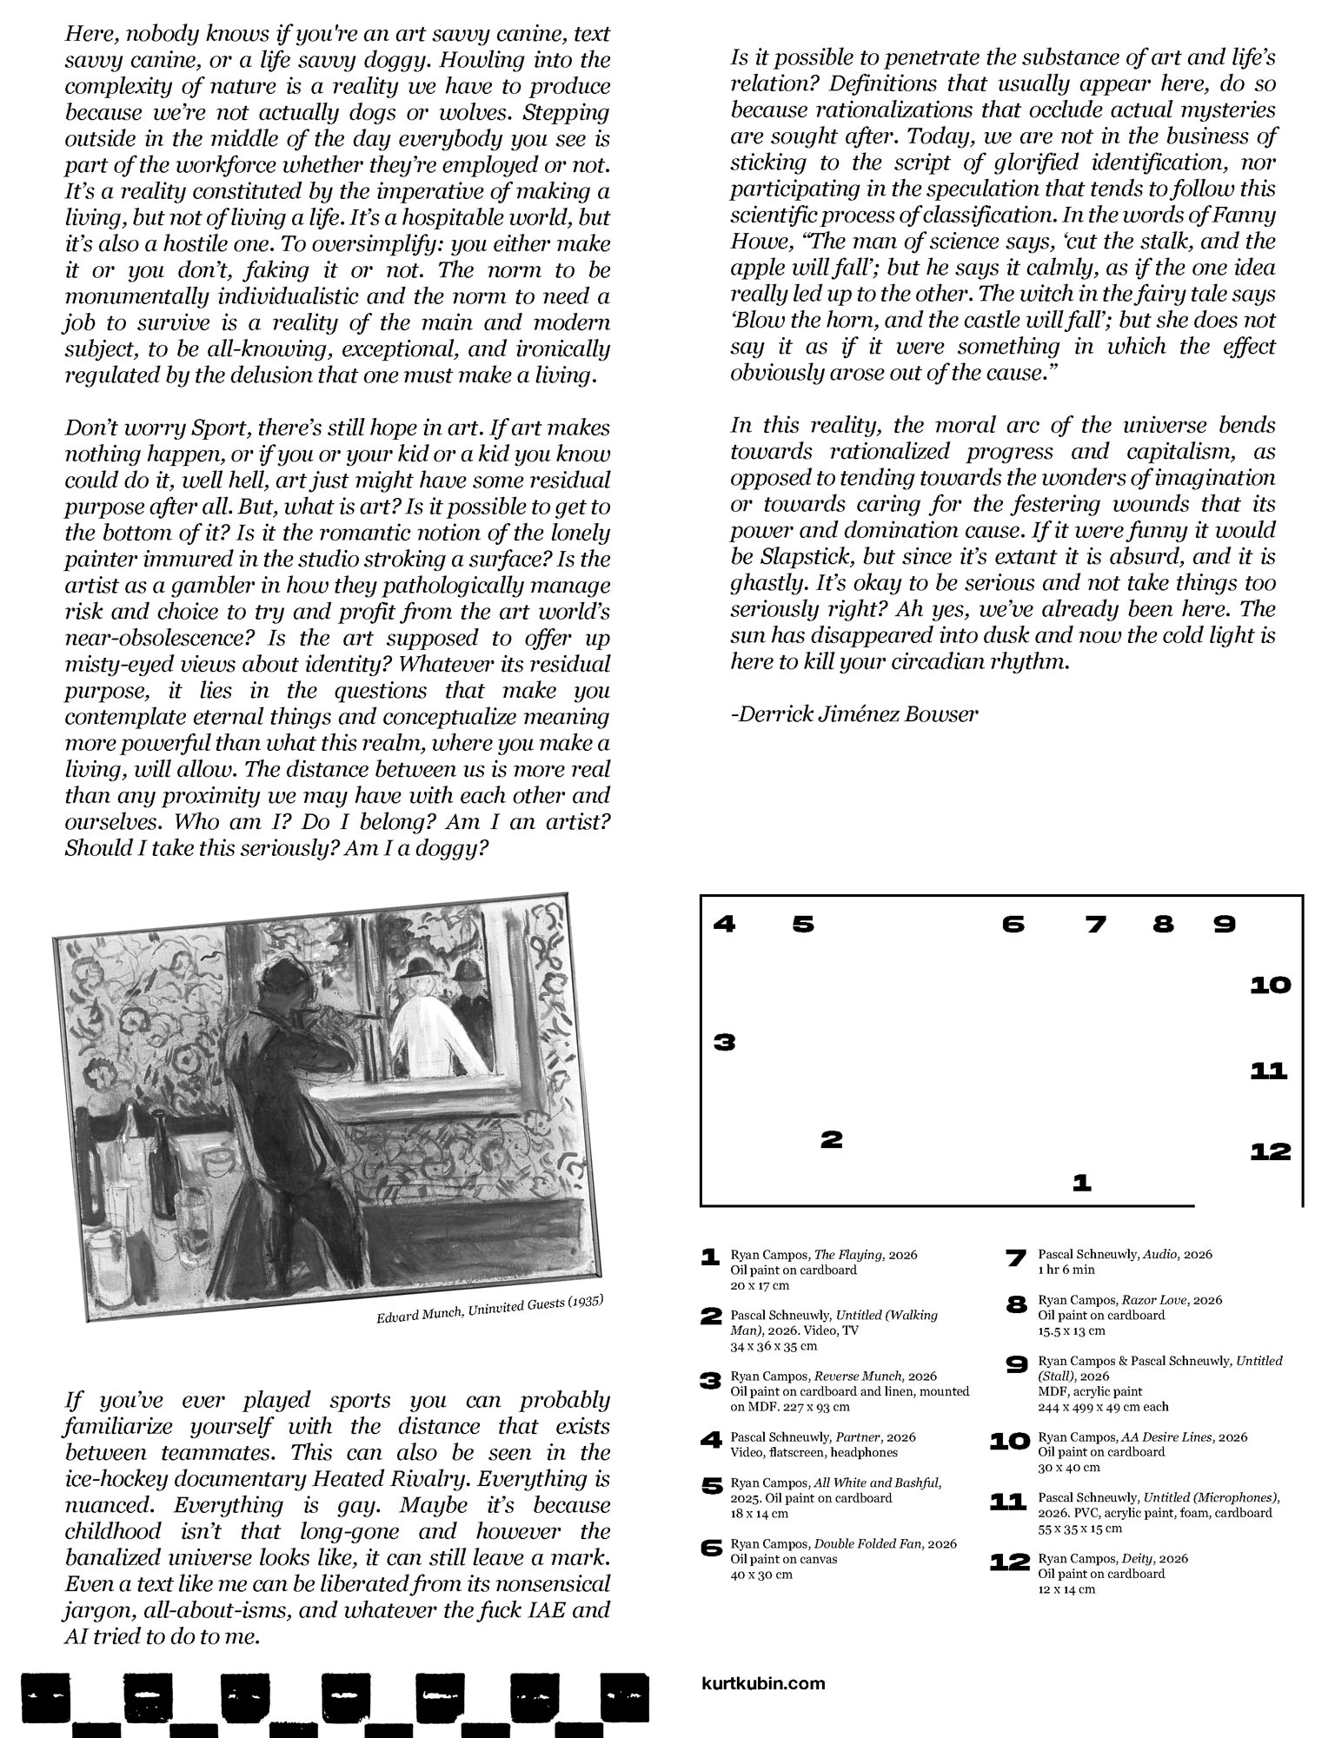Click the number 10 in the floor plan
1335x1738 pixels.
(x=1270, y=985)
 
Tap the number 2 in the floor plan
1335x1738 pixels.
(x=832, y=1139)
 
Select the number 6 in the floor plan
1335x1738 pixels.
(x=1013, y=925)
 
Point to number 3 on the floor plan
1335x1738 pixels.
(x=724, y=1042)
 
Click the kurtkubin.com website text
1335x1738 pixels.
(x=762, y=1683)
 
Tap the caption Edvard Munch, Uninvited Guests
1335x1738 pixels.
(x=489, y=1310)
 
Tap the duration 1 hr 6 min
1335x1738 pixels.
(x=1064, y=1270)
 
